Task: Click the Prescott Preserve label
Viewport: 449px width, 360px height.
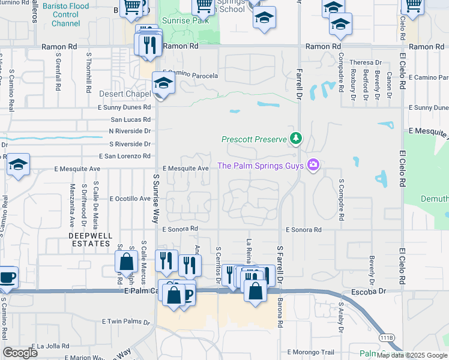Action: click(255, 139)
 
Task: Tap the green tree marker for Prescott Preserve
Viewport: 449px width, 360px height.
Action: click(295, 139)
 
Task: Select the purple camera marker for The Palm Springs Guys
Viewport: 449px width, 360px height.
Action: click(312, 165)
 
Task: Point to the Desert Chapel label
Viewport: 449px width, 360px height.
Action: click(125, 94)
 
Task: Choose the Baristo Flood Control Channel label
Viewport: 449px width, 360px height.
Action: click(66, 15)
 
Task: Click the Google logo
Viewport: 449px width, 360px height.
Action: click(20, 353)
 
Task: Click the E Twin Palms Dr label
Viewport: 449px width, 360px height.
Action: click(125, 322)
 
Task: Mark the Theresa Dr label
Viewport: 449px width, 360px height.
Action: click(366, 62)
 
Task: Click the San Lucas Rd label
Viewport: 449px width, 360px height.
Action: click(131, 119)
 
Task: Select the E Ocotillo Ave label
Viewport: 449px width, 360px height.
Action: click(130, 199)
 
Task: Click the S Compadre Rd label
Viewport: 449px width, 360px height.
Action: click(341, 195)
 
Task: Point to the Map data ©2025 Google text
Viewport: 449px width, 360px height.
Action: click(412, 355)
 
